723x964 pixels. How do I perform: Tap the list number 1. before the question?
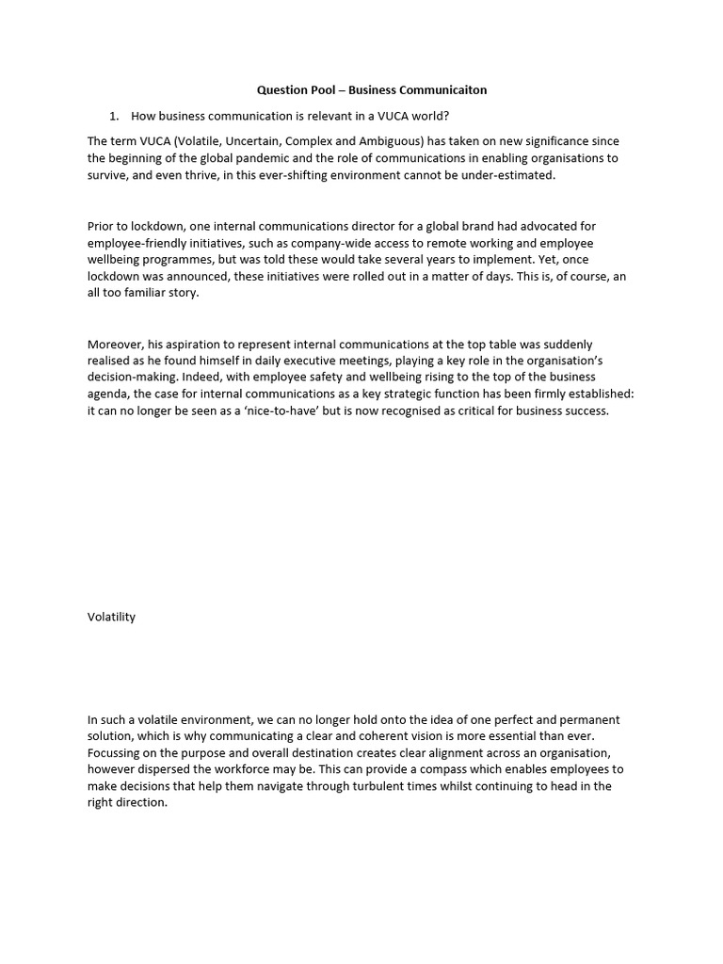[114, 116]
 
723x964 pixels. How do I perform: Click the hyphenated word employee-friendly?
[137, 243]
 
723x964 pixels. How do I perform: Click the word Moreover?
[117, 345]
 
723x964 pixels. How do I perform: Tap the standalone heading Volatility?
[112, 617]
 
